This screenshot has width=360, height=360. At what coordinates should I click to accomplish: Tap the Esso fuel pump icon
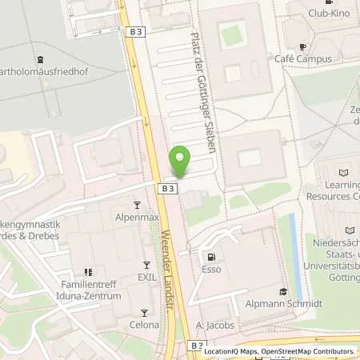[212, 258]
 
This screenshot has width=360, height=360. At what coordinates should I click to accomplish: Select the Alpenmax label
[137, 216]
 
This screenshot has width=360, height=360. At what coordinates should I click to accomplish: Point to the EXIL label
[145, 276]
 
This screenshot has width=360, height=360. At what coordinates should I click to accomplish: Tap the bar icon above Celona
[145, 313]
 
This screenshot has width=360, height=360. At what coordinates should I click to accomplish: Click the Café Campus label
[302, 58]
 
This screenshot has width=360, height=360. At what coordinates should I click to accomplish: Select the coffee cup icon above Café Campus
[302, 46]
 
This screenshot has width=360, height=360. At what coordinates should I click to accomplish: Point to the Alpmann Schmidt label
[282, 304]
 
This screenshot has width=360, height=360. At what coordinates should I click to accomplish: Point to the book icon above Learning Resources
[344, 173]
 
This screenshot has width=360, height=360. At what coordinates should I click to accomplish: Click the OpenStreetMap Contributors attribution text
[309, 351]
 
